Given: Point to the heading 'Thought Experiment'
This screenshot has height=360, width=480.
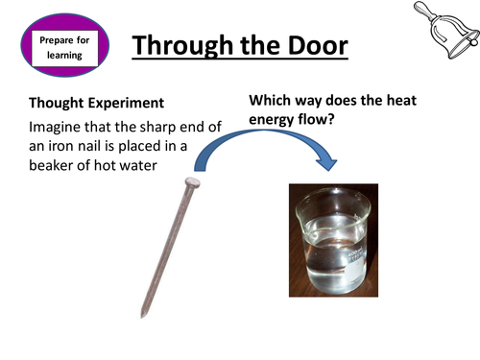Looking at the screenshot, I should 96,102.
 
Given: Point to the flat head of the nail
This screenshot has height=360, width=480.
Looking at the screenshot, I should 192,181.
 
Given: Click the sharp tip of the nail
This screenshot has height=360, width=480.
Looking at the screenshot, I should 141,315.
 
